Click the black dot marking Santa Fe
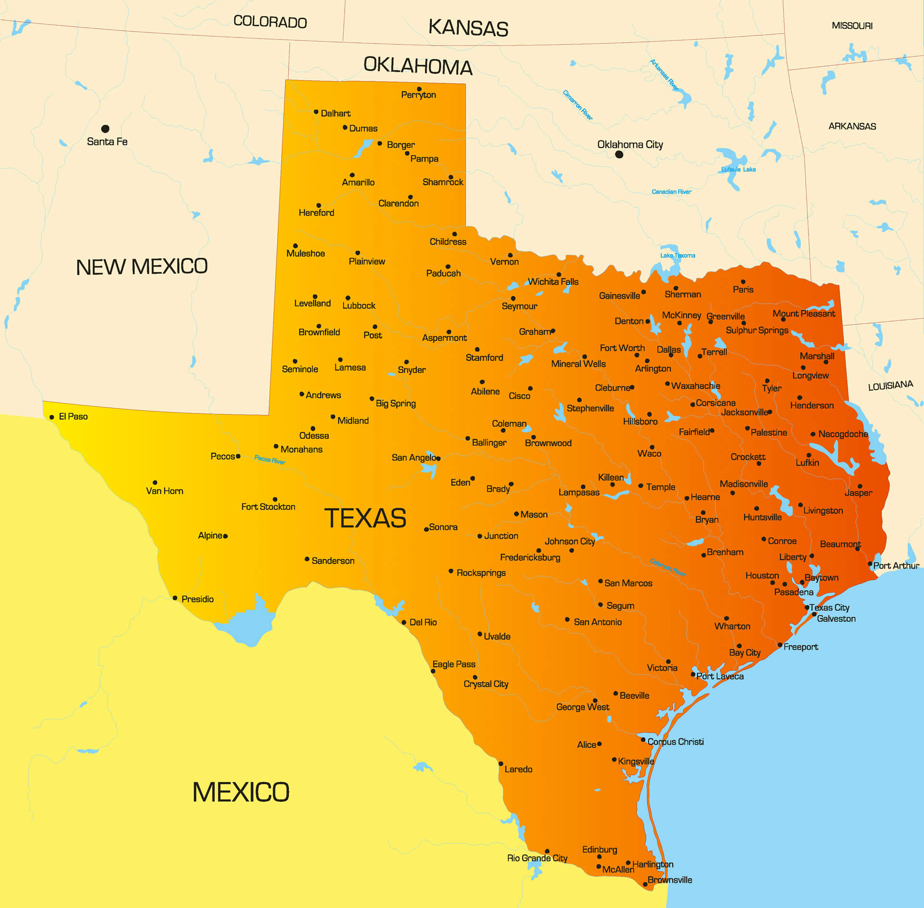[105, 128]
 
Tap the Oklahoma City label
[629, 144]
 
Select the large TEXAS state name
[365, 518]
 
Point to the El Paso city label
[73, 417]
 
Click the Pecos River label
[269, 460]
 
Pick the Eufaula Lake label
[738, 169]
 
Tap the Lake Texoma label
[677, 256]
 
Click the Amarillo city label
[358, 182]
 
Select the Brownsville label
[669, 880]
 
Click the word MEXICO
[241, 793]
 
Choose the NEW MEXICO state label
[141, 267]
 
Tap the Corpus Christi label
[675, 742]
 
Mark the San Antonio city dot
[567, 620]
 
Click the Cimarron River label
[577, 105]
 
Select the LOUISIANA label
[890, 385]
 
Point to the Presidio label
[197, 599]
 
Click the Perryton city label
[418, 95]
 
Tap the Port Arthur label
[896, 566]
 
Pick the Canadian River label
[671, 192]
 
